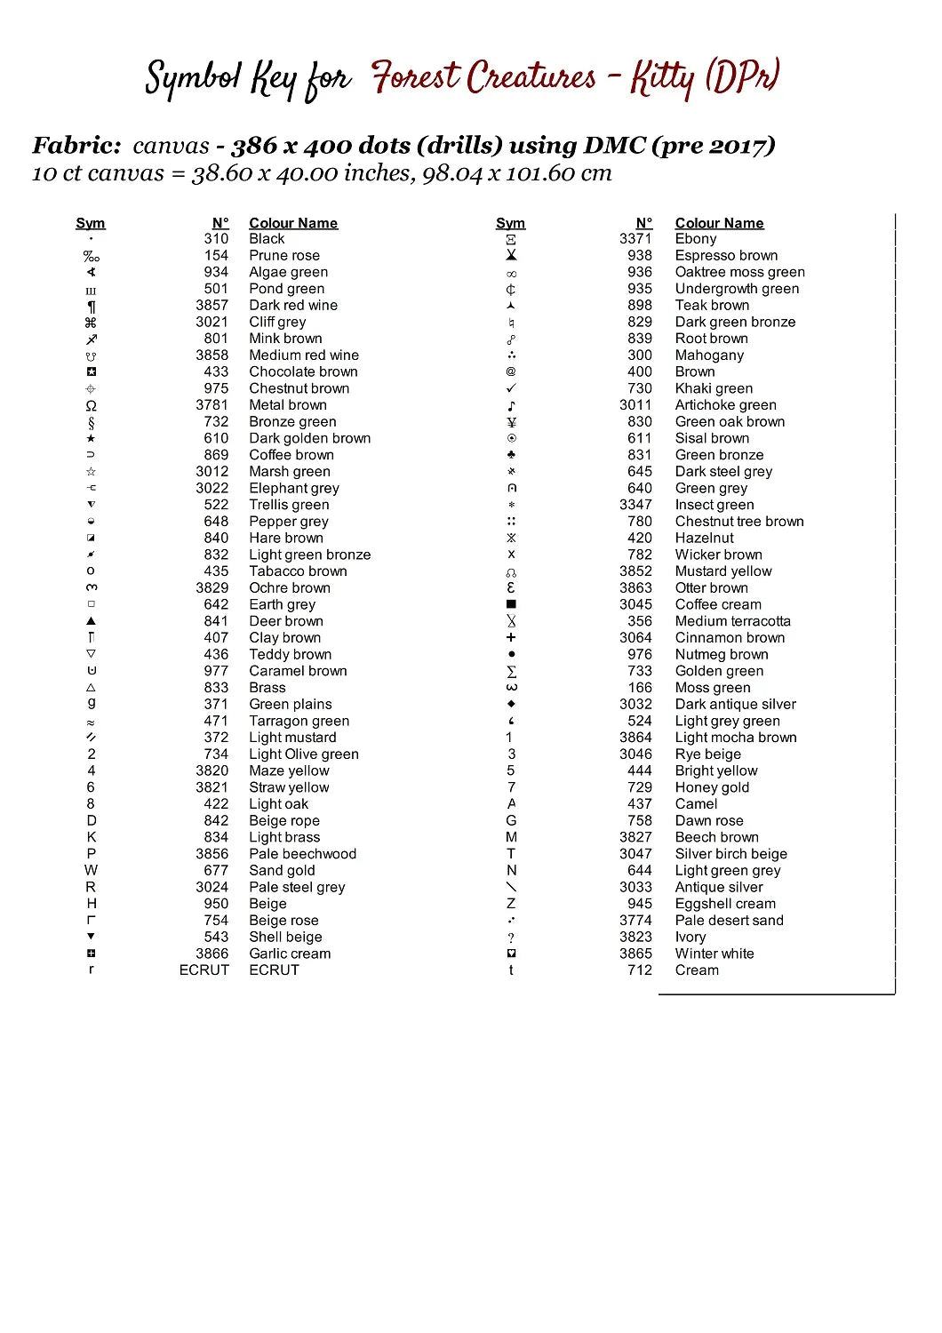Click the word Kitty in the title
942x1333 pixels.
(x=662, y=78)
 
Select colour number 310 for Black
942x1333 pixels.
(x=216, y=239)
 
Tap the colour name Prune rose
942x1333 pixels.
(x=284, y=256)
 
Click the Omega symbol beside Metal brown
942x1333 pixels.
(x=91, y=405)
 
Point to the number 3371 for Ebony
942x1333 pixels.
(x=635, y=239)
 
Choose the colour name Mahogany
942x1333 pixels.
(x=709, y=355)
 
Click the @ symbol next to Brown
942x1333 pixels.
(x=511, y=372)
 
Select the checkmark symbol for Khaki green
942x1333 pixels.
(x=511, y=388)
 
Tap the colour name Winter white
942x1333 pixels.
(x=714, y=954)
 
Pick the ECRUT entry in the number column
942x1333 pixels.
(x=204, y=970)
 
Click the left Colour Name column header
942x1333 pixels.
(x=293, y=223)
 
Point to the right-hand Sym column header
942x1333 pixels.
(x=511, y=223)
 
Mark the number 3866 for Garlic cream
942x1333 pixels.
(x=212, y=954)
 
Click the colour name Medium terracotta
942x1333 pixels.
(x=732, y=621)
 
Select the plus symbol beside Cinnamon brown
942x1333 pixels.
(x=511, y=638)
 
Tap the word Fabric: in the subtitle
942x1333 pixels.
(x=76, y=146)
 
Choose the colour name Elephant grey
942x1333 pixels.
(x=294, y=489)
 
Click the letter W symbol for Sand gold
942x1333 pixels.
(x=91, y=871)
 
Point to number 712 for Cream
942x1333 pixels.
(x=640, y=970)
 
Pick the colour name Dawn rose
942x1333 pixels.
(x=709, y=821)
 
